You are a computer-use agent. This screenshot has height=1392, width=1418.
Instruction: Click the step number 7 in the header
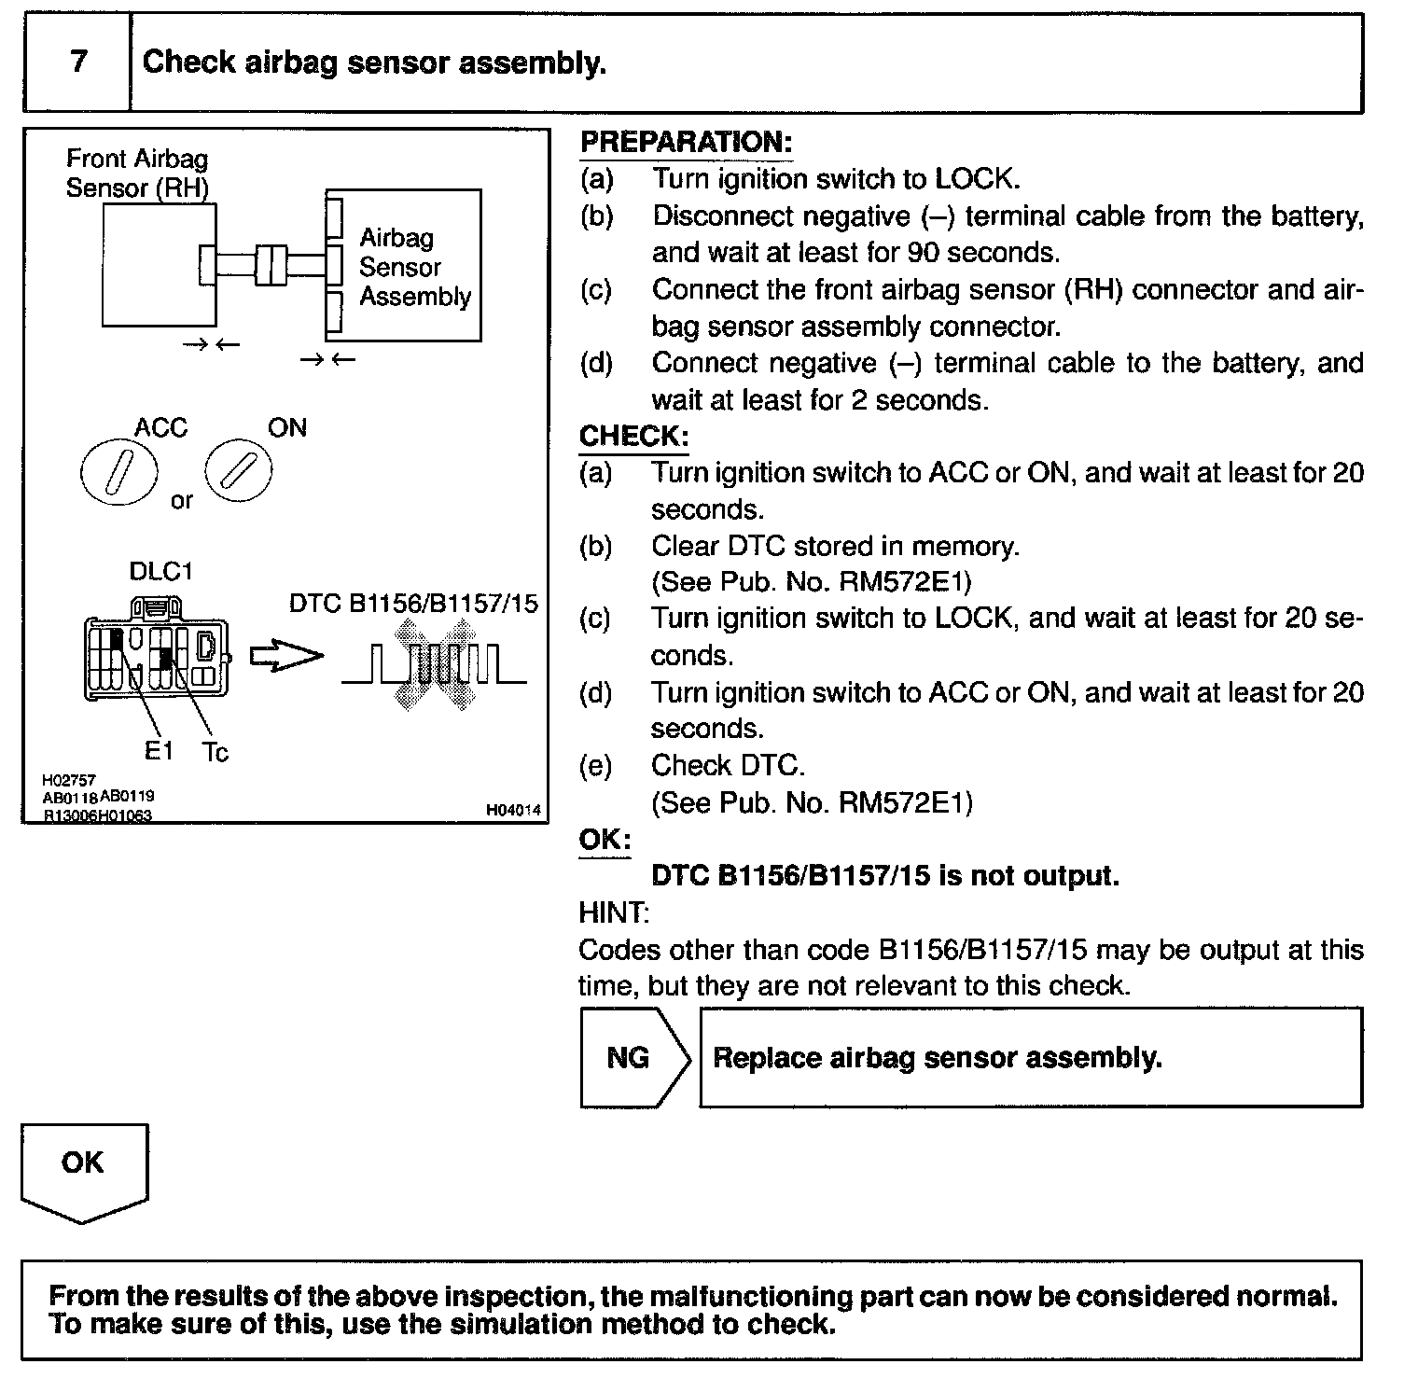78,62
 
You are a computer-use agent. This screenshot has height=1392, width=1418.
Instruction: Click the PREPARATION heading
686,143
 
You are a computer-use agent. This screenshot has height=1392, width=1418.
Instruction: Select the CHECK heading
633,437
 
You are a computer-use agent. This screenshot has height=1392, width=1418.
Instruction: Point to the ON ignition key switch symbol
238,468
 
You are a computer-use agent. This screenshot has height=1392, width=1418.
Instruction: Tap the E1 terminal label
160,749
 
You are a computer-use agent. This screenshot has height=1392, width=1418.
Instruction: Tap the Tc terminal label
215,752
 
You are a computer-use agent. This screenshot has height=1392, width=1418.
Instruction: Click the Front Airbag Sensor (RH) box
159,265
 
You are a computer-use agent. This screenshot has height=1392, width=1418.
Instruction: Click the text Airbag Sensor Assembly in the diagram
414,267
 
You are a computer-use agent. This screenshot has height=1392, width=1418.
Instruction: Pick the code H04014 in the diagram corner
512,811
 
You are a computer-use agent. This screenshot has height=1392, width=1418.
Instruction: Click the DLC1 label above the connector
160,571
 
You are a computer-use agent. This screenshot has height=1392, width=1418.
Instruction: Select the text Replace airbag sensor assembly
937,1058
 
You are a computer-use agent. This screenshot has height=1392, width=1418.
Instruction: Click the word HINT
613,912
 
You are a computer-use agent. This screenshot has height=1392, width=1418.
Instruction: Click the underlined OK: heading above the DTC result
604,840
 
